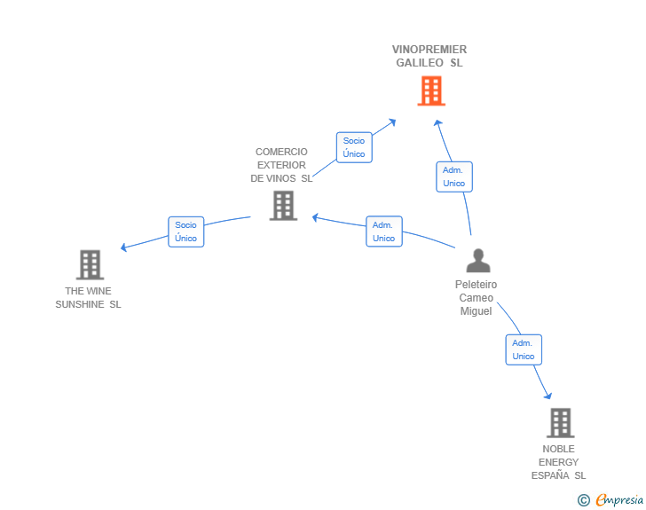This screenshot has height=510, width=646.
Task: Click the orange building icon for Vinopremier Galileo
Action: pyautogui.click(x=431, y=90)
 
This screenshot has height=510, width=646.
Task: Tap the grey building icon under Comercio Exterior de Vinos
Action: pyautogui.click(x=283, y=206)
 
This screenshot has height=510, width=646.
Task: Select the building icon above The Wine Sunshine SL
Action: pyautogui.click(x=90, y=265)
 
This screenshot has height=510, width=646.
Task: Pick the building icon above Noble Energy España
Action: pyautogui.click(x=560, y=423)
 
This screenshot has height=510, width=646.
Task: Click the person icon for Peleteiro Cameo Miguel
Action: pyautogui.click(x=478, y=261)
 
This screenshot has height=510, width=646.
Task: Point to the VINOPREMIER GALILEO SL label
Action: pyautogui.click(x=429, y=56)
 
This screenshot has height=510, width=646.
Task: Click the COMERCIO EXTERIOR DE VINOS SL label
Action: pyautogui.click(x=281, y=165)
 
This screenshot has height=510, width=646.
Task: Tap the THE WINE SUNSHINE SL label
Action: pyautogui.click(x=88, y=298)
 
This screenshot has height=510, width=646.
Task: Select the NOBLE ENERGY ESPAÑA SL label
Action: pyautogui.click(x=558, y=462)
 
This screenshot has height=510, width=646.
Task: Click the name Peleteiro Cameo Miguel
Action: pyautogui.click(x=476, y=298)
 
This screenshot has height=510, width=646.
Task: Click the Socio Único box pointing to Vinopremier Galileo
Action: pyautogui.click(x=354, y=147)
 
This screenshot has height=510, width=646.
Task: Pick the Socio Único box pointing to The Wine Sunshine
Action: pyautogui.click(x=185, y=231)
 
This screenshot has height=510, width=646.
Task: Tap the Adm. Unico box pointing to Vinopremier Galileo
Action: pyautogui.click(x=454, y=177)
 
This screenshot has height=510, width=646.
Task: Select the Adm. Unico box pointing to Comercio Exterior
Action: pyautogui.click(x=384, y=231)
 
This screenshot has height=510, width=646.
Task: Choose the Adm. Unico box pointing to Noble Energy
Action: pyautogui.click(x=524, y=349)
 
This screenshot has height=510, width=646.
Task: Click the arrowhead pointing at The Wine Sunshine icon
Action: pyautogui.click(x=123, y=247)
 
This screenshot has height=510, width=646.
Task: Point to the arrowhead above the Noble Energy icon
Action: pyautogui.click(x=548, y=396)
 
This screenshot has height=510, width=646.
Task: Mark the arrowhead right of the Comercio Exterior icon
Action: pyautogui.click(x=315, y=217)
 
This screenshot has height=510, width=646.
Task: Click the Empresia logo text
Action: pyautogui.click(x=619, y=500)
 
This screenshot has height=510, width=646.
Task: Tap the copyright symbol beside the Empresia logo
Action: pyautogui.click(x=584, y=500)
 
